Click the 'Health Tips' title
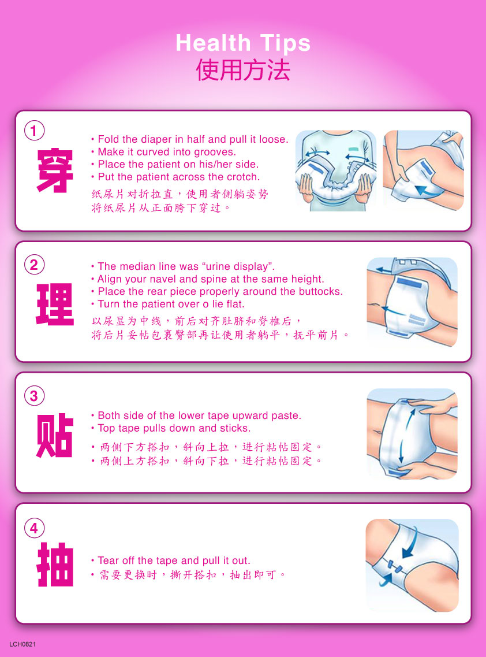click(x=243, y=43)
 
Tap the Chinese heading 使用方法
click(x=243, y=69)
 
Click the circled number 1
click(x=34, y=131)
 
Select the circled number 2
click(x=34, y=265)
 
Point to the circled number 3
click(x=34, y=396)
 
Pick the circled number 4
click(x=34, y=528)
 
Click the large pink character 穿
click(x=55, y=170)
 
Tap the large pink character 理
click(x=55, y=305)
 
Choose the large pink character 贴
click(x=55, y=435)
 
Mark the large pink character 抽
click(x=55, y=565)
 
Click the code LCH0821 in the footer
click(x=23, y=644)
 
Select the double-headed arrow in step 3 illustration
click(x=406, y=435)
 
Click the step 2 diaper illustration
click(x=412, y=302)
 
